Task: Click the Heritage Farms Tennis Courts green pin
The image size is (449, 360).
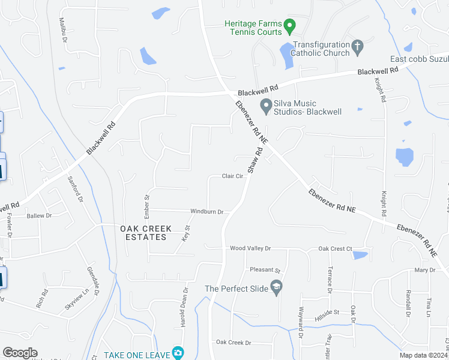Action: click(x=289, y=26)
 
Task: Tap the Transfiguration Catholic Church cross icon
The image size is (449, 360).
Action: click(x=357, y=46)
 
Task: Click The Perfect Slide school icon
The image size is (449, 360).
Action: click(x=276, y=289)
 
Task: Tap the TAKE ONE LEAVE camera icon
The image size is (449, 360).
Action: click(x=178, y=353)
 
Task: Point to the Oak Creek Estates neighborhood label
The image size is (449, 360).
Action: click(x=145, y=233)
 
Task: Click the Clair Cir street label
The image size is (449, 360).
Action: click(x=232, y=176)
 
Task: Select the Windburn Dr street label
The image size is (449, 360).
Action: click(x=206, y=212)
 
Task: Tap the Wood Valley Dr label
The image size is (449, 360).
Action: click(x=250, y=248)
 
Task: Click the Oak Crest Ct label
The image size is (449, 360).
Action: click(x=335, y=248)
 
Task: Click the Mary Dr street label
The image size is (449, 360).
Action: click(x=424, y=271)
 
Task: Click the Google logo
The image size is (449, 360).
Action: click(x=20, y=353)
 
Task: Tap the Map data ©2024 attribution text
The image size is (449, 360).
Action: click(x=424, y=355)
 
